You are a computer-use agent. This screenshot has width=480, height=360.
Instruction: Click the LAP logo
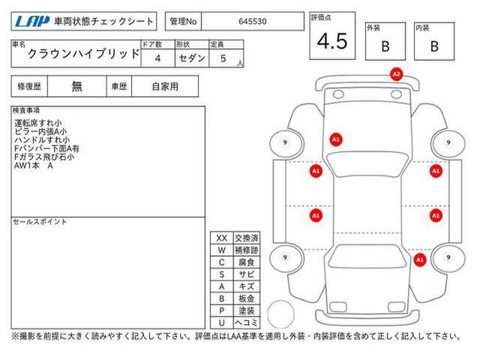(31, 21)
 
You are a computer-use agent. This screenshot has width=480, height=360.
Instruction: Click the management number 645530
(253, 22)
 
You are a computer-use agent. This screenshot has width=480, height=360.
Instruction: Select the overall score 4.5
(332, 41)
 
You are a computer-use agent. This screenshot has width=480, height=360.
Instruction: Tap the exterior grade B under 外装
(385, 46)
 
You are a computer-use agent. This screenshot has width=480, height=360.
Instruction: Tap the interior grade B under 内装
(434, 46)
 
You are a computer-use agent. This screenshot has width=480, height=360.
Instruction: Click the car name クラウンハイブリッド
(83, 54)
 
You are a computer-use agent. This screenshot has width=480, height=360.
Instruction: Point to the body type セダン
(192, 58)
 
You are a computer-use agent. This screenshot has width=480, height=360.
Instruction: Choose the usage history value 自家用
(165, 87)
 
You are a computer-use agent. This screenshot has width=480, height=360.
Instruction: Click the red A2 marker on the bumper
(396, 74)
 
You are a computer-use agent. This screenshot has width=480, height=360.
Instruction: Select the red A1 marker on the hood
(336, 139)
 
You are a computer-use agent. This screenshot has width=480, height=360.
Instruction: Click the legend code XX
(222, 238)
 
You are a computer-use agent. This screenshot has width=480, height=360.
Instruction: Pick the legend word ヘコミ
(247, 322)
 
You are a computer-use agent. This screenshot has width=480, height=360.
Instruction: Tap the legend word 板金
(247, 298)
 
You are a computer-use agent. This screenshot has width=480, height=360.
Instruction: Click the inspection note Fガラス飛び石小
(44, 157)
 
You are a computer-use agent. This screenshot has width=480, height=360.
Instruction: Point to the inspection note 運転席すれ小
(38, 123)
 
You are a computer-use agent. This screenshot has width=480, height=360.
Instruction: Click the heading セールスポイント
(40, 222)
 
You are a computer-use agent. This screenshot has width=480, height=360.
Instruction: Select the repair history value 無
(76, 87)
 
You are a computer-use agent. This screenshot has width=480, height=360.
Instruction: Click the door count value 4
(157, 58)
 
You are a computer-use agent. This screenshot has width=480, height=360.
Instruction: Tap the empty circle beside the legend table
(280, 314)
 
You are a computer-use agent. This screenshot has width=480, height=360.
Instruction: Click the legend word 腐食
(247, 262)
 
